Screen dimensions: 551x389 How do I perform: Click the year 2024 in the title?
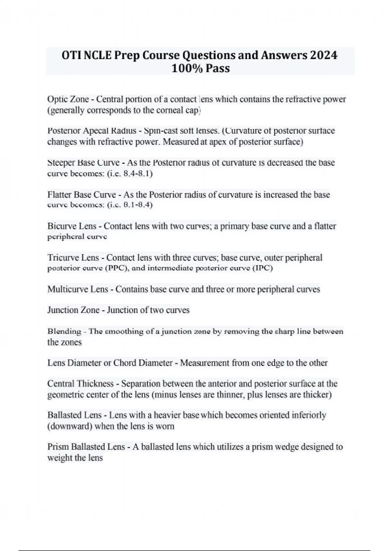pos(324,55)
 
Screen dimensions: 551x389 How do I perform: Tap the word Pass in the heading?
pos(218,68)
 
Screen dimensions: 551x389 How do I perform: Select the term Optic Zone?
pos(68,99)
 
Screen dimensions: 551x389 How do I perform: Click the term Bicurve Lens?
pos(72,226)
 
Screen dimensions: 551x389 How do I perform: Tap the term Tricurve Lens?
pos(73,258)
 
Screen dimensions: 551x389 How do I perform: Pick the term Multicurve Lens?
pos(78,289)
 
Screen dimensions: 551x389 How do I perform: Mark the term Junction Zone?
pos(73,310)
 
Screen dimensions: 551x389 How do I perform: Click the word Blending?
pos(64,331)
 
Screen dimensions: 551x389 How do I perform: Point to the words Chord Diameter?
pos(143,363)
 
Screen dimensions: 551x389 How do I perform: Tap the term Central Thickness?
pos(80,384)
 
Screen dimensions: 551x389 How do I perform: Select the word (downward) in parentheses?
pos(70,426)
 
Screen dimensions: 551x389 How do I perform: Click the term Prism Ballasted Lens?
pos(86,447)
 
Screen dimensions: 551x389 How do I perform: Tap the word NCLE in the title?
pos(97,55)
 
